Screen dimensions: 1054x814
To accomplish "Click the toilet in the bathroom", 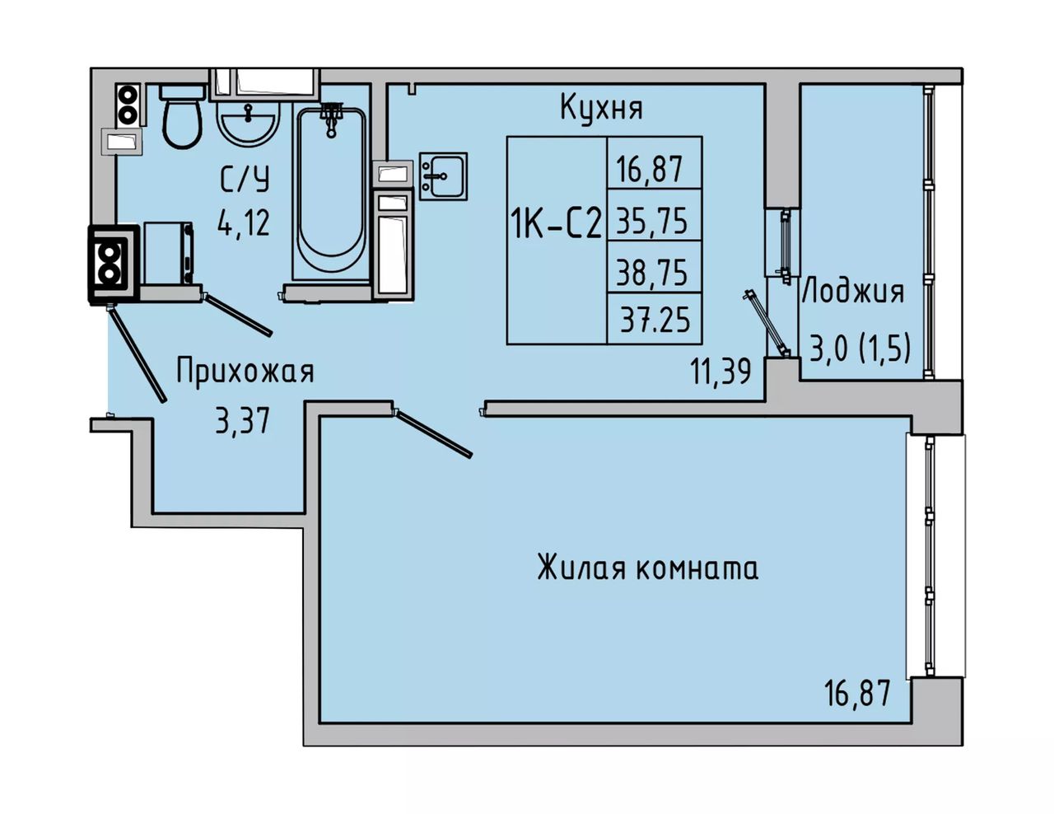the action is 182,116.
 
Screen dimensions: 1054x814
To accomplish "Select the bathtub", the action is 331,194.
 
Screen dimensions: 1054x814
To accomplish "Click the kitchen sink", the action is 443,176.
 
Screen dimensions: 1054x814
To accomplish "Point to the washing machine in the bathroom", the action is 168,253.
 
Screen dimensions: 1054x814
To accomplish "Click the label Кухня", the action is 601,109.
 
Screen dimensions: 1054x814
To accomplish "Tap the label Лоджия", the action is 854,293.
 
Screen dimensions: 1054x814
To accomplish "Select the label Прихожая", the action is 245,371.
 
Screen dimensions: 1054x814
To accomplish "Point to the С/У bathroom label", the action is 245,180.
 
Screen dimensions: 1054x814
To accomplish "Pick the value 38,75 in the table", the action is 652,273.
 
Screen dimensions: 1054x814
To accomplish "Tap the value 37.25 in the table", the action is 655,320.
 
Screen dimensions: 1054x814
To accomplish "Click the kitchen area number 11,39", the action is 721,372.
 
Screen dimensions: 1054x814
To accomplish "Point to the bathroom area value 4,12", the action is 244,223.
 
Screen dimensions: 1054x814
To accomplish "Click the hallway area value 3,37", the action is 242,420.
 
